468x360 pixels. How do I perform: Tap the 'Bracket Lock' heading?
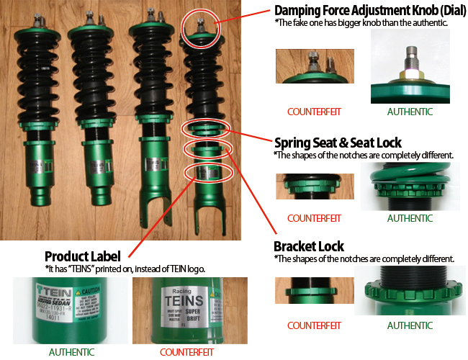[x=309, y=246]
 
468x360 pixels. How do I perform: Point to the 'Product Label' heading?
[x=85, y=256]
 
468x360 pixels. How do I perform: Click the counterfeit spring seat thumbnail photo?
[x=314, y=186]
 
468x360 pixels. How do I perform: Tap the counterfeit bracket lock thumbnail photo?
[x=314, y=289]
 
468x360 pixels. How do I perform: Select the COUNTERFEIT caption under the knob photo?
[x=314, y=112]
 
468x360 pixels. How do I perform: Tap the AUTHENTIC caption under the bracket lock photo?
[x=410, y=325]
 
